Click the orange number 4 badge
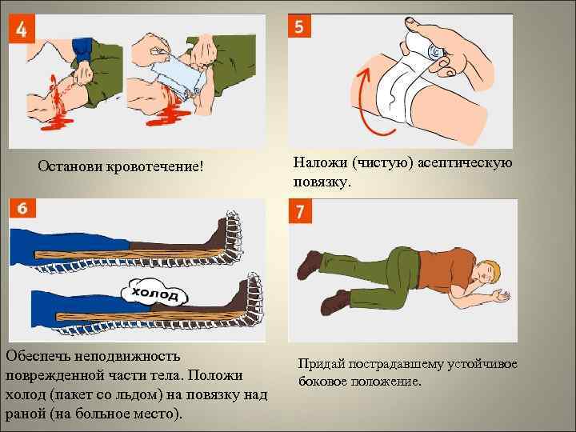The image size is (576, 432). pos(22,29)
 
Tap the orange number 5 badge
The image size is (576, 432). pos(299,26)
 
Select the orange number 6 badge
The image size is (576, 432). pos(22,208)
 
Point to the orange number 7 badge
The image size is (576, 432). pos(300,211)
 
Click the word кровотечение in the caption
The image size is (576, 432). pos(154,166)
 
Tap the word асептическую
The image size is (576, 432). pos(465,162)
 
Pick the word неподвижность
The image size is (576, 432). pos(127,356)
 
